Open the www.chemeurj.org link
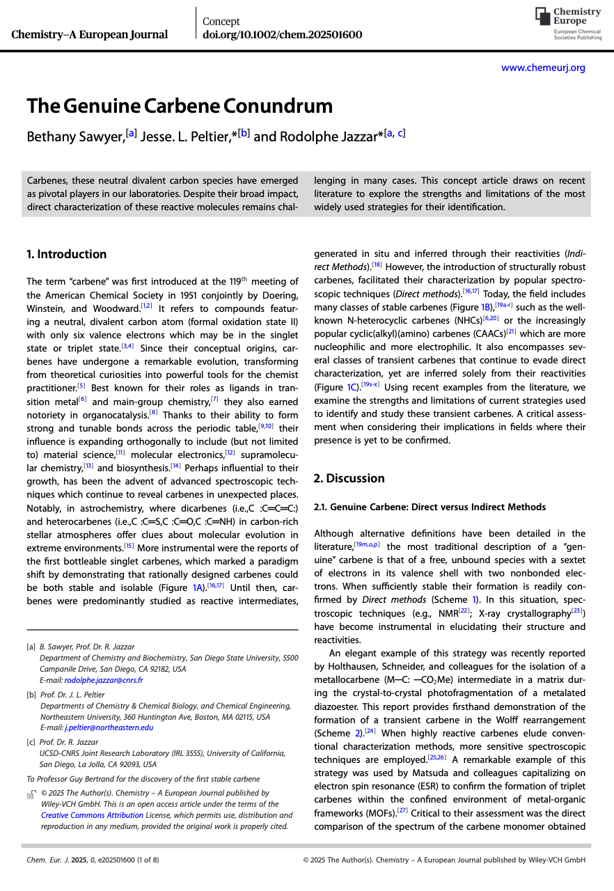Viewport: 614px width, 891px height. point(543,68)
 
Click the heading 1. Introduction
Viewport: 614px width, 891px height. point(66,254)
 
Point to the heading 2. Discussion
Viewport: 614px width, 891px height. point(349,478)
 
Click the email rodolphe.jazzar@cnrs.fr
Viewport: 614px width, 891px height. point(104,680)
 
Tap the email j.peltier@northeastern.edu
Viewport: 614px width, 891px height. point(109,727)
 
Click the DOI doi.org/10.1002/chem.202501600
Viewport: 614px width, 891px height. point(282,35)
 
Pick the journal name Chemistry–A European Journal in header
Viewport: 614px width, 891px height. point(90,35)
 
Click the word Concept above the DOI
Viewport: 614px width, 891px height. point(221,22)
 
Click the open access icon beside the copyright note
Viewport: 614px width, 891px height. point(31,794)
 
